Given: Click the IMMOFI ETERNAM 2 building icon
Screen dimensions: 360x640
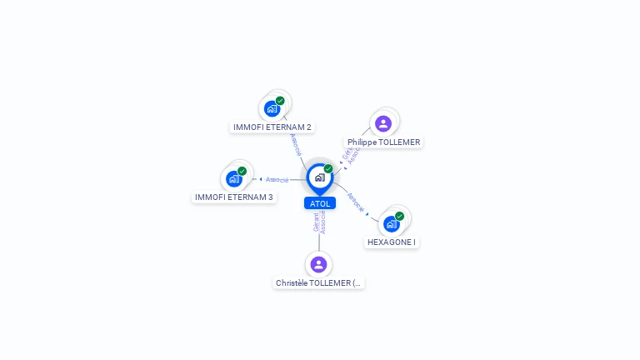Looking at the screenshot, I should coord(272,108).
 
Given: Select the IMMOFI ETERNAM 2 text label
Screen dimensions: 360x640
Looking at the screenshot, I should coord(272,127).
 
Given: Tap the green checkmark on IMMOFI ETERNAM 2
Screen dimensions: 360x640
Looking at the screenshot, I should coord(280,101).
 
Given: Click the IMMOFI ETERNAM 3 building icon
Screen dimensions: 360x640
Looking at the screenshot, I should coord(234,178).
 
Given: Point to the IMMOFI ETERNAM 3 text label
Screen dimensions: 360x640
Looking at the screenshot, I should coord(234,197).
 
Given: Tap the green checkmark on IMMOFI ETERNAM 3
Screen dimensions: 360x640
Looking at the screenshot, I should coord(242,171).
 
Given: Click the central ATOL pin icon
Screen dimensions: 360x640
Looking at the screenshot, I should coord(319,177).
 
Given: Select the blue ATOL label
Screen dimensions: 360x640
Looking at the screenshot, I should coord(320,203).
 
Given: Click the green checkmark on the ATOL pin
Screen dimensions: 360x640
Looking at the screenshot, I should coord(328,169).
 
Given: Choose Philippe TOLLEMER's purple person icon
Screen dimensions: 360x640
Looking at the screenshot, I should coord(383,123).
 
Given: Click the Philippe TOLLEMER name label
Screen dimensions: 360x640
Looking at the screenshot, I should coord(384,142).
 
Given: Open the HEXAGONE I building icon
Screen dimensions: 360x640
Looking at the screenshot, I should coord(391,223).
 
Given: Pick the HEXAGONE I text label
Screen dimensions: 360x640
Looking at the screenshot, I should coord(392,242).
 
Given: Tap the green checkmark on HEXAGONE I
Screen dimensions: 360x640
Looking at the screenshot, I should coord(399,216).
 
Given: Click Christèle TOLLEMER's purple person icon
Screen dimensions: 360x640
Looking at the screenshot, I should coord(318,264).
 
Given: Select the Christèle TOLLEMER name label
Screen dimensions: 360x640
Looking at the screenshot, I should coord(319,283).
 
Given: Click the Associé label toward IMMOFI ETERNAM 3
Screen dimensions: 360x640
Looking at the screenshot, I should coord(277,179).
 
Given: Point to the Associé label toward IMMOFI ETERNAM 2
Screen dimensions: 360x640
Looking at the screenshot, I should coord(295,143).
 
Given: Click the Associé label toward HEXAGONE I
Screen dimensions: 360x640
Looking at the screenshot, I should coord(356,204).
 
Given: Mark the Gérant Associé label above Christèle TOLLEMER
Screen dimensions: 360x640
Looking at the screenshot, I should coord(320,222).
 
